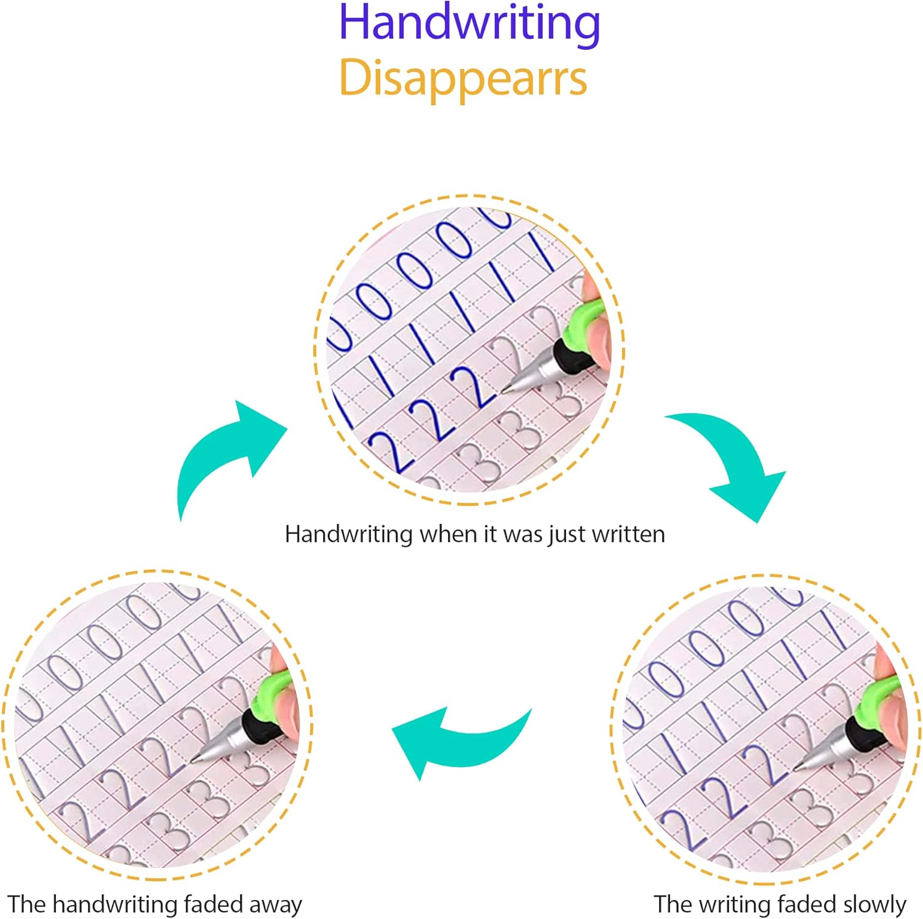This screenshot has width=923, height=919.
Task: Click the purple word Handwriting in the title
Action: [469, 23]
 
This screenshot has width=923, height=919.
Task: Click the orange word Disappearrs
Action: [463, 79]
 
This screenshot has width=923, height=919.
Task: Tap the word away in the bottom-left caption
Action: [275, 905]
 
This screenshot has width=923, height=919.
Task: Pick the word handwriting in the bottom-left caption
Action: [119, 905]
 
